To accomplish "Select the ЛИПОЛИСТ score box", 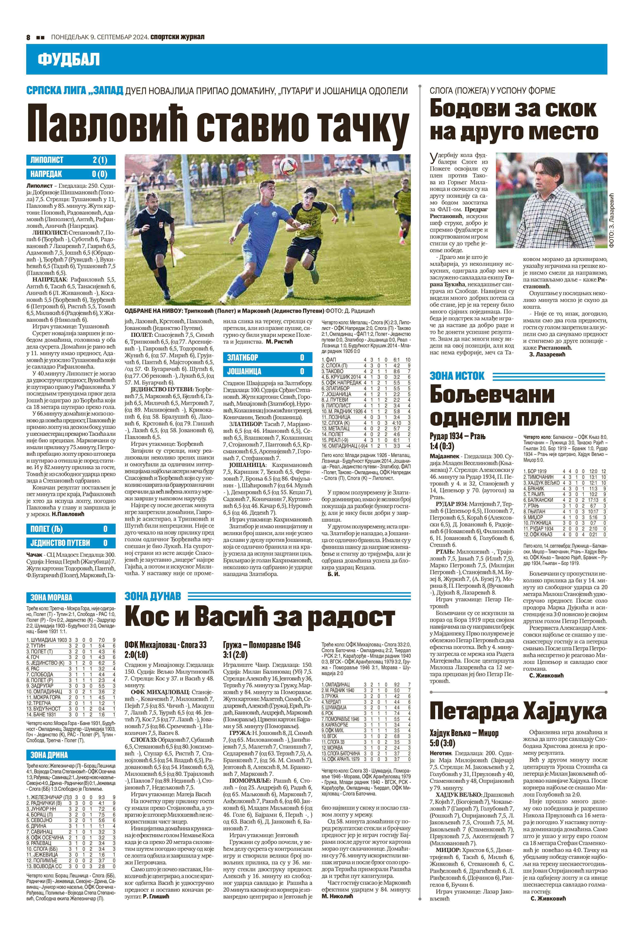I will click(x=71, y=160).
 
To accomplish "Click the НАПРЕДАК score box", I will click(x=71, y=174).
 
